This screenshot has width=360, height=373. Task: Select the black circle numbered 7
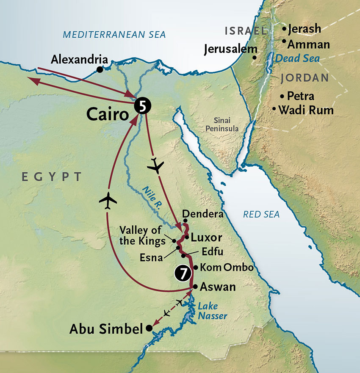click(x=182, y=274)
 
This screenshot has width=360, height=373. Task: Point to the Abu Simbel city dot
click(x=149, y=328)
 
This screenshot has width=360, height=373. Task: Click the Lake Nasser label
click(x=212, y=311)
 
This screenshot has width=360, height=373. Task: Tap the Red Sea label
click(x=261, y=215)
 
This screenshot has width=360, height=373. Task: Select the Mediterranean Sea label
click(x=114, y=34)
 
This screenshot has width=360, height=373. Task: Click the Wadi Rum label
click(x=306, y=111)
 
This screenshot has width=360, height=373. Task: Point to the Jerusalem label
click(x=230, y=49)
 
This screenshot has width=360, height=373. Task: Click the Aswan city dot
click(x=195, y=287)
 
